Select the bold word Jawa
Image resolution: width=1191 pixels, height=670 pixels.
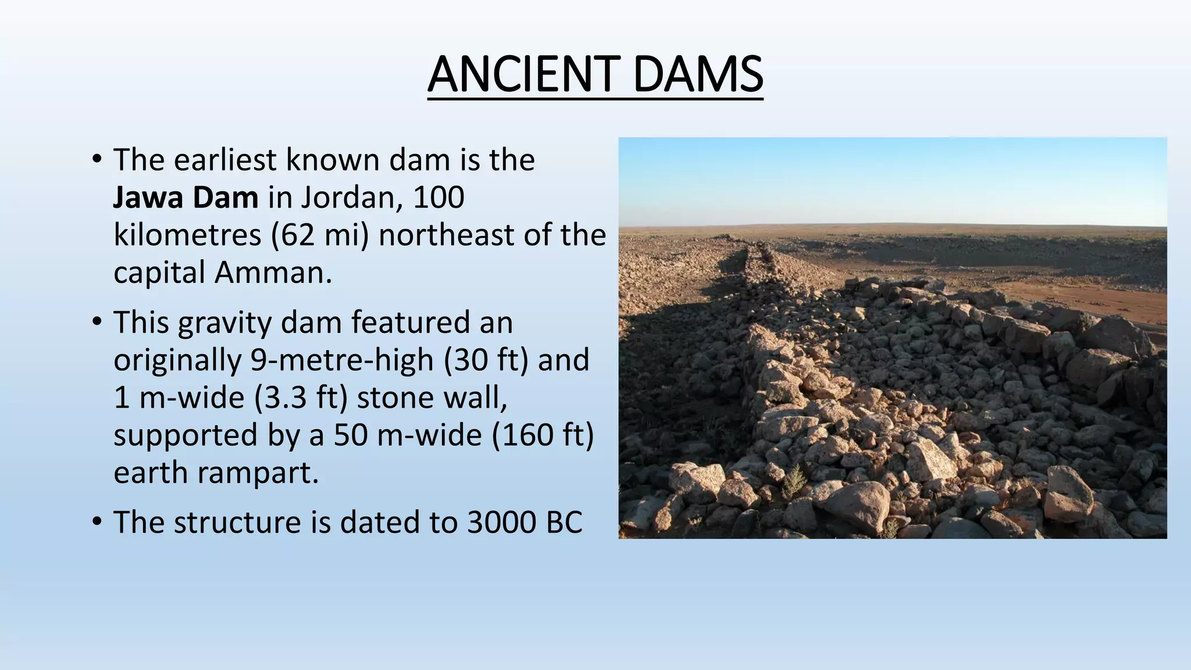click(x=148, y=198)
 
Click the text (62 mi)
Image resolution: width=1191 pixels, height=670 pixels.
click(x=320, y=236)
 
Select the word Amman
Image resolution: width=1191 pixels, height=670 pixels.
click(x=273, y=273)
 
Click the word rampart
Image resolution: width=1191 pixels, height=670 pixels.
click(x=258, y=473)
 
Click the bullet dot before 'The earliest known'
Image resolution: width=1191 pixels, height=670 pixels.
click(x=97, y=159)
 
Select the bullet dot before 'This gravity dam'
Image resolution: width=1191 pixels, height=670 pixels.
click(x=97, y=322)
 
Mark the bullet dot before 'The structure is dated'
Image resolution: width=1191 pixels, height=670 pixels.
click(x=97, y=521)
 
